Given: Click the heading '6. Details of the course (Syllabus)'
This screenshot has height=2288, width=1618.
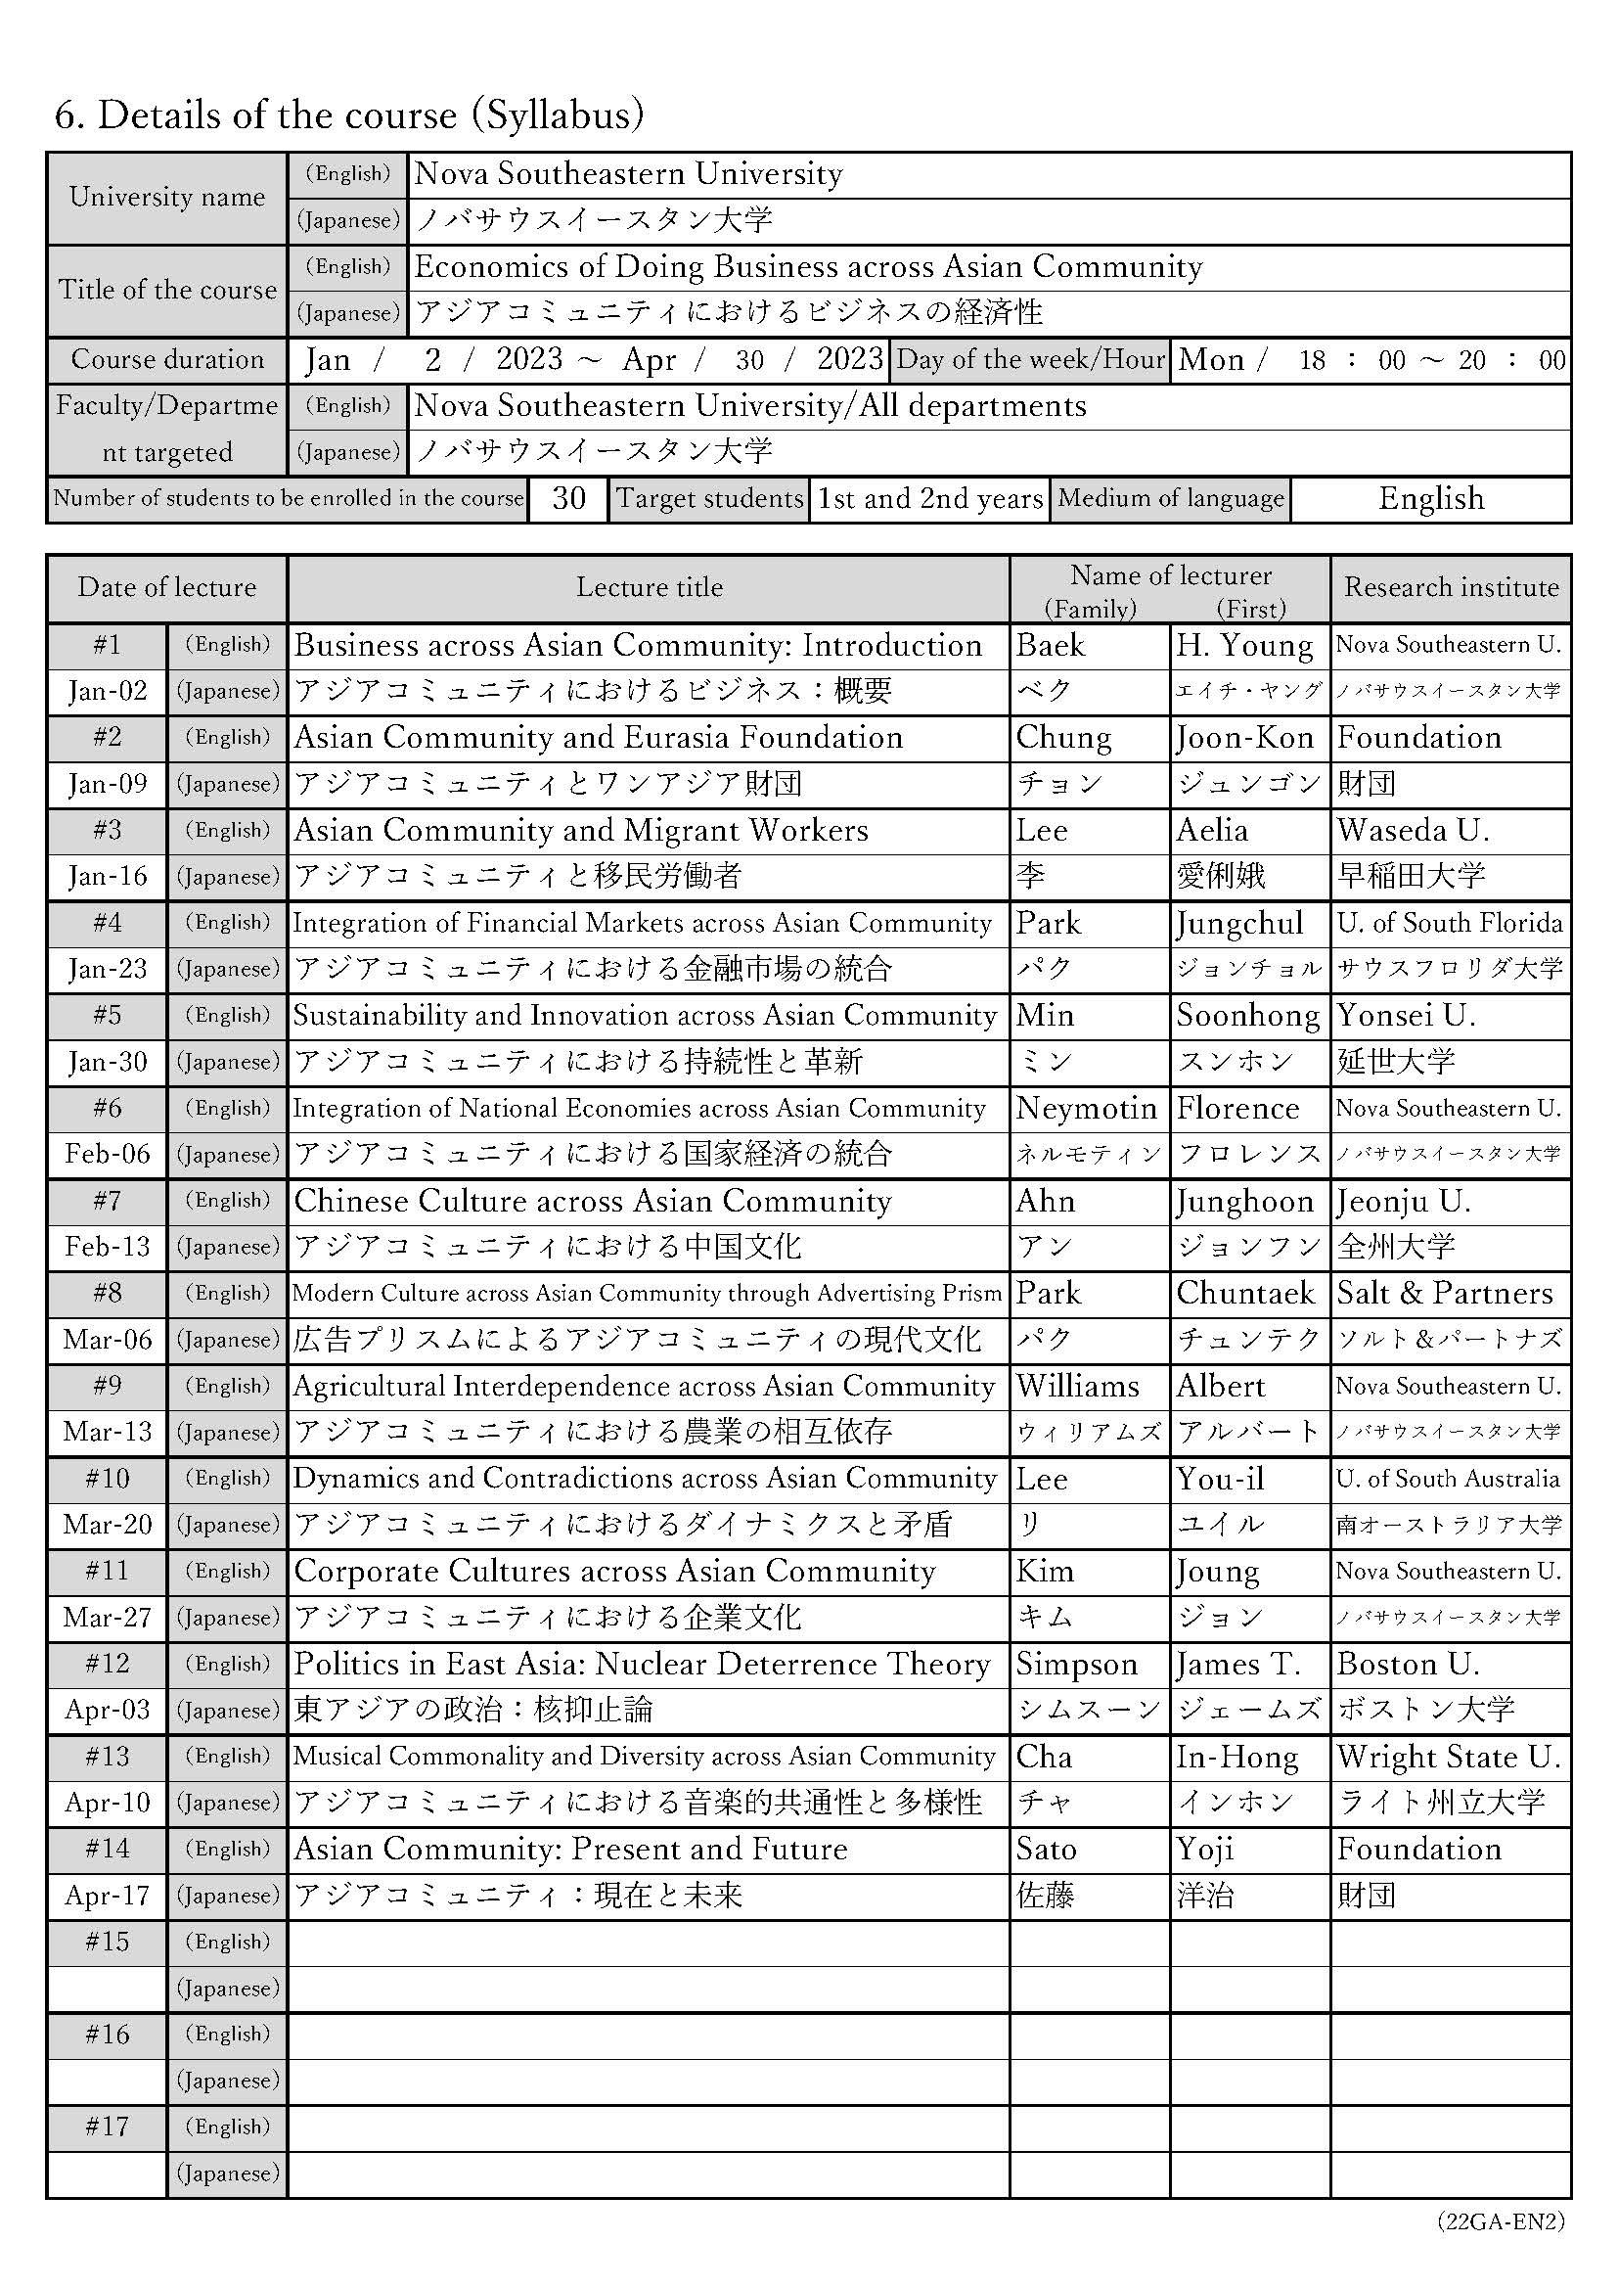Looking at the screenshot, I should pos(348,115).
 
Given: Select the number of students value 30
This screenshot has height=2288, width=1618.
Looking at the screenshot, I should pos(568,498).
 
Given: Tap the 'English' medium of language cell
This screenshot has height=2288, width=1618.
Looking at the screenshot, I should pos(1431,498).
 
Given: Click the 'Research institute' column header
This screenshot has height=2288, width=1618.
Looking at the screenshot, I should pos(1451,588).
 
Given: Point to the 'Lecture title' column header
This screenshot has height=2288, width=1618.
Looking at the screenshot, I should pos(649,588).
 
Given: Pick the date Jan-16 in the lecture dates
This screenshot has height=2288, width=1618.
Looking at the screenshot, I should pos(107,877).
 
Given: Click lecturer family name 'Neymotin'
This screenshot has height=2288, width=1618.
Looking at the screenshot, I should pos(1086,1108).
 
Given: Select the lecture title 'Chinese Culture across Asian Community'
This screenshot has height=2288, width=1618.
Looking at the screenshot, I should pos(592,1201).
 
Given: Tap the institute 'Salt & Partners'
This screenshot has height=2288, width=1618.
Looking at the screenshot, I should pos(1445,1294).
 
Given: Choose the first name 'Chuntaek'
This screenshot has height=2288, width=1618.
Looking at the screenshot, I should pos(1245,1294).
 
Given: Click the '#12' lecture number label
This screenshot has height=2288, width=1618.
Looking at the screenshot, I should pos(107,1665).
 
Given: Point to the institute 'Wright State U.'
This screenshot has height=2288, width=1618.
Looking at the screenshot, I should pos(1449,1757).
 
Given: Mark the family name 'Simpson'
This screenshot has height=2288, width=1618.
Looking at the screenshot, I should pos(1076,1665).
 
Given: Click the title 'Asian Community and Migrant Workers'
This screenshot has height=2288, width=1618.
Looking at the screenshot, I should pos(581,830).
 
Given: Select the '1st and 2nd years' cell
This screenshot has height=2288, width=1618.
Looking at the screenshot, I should pos(929,498).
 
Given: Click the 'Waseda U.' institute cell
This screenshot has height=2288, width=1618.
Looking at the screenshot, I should pos(1413,830).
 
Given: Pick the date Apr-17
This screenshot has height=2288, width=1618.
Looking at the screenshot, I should pos(107,1896).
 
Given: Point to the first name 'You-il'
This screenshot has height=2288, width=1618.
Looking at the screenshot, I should pos(1220,1479).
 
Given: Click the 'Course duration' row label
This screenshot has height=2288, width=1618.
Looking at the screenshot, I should pos(167,360).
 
